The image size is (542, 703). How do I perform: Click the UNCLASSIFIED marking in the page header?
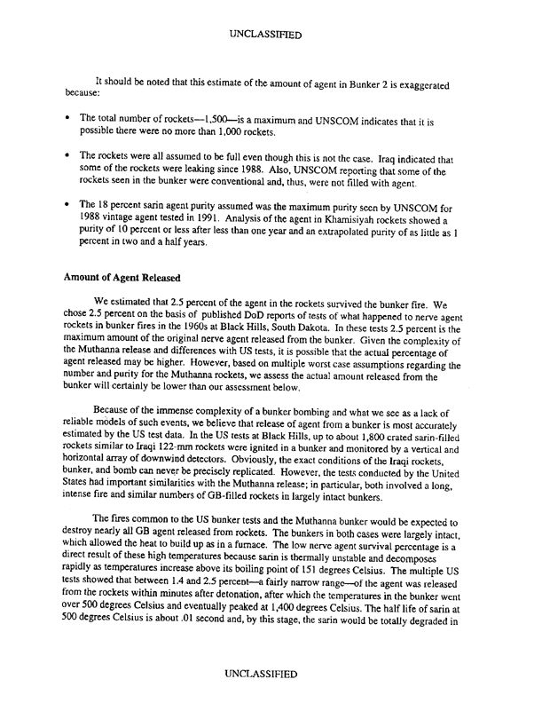[271, 36]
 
